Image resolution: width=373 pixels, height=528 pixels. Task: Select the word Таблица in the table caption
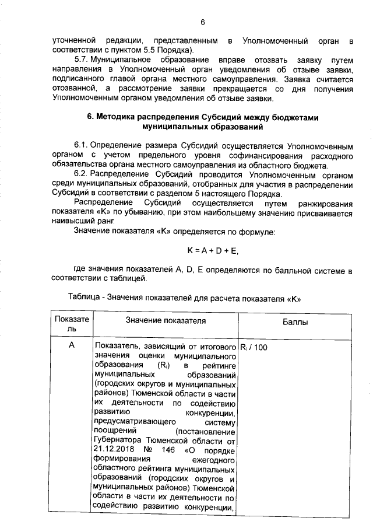pyautogui.click(x=84, y=297)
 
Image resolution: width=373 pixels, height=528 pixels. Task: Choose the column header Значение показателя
pyautogui.click(x=166, y=321)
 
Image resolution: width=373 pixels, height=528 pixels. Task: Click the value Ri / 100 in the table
pyautogui.click(x=254, y=347)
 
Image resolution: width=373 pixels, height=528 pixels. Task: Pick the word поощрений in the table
pyautogui.click(x=114, y=431)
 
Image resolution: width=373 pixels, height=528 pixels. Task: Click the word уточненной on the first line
pyautogui.click(x=73, y=41)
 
